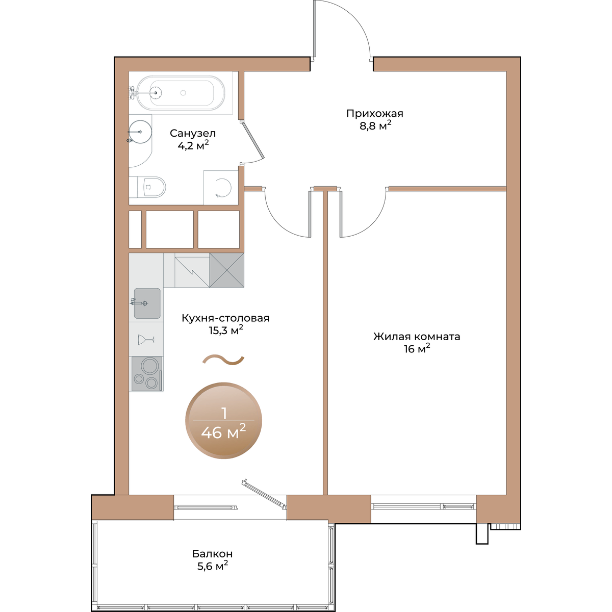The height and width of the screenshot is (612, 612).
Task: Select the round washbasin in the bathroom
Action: point(140,132)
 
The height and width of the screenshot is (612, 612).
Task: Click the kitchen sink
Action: point(147,303)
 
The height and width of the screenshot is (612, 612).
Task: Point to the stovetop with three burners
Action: point(147,373)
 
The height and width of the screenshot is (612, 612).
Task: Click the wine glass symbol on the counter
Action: point(146,340)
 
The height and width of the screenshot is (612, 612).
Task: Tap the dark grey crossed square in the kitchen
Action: point(227,270)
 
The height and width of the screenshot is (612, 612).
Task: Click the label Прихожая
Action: point(375,113)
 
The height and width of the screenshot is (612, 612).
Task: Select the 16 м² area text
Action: point(417,348)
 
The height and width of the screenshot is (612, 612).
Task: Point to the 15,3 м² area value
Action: point(226,330)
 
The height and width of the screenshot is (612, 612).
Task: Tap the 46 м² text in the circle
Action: point(223,432)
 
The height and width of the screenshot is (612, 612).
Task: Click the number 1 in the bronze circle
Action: point(224,413)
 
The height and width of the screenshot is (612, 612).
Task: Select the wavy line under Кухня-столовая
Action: point(223,360)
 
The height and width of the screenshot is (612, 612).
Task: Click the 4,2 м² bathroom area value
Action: point(193,145)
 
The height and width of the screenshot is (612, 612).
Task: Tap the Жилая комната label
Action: point(417,336)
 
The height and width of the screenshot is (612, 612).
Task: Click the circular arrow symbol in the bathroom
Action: point(223,187)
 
